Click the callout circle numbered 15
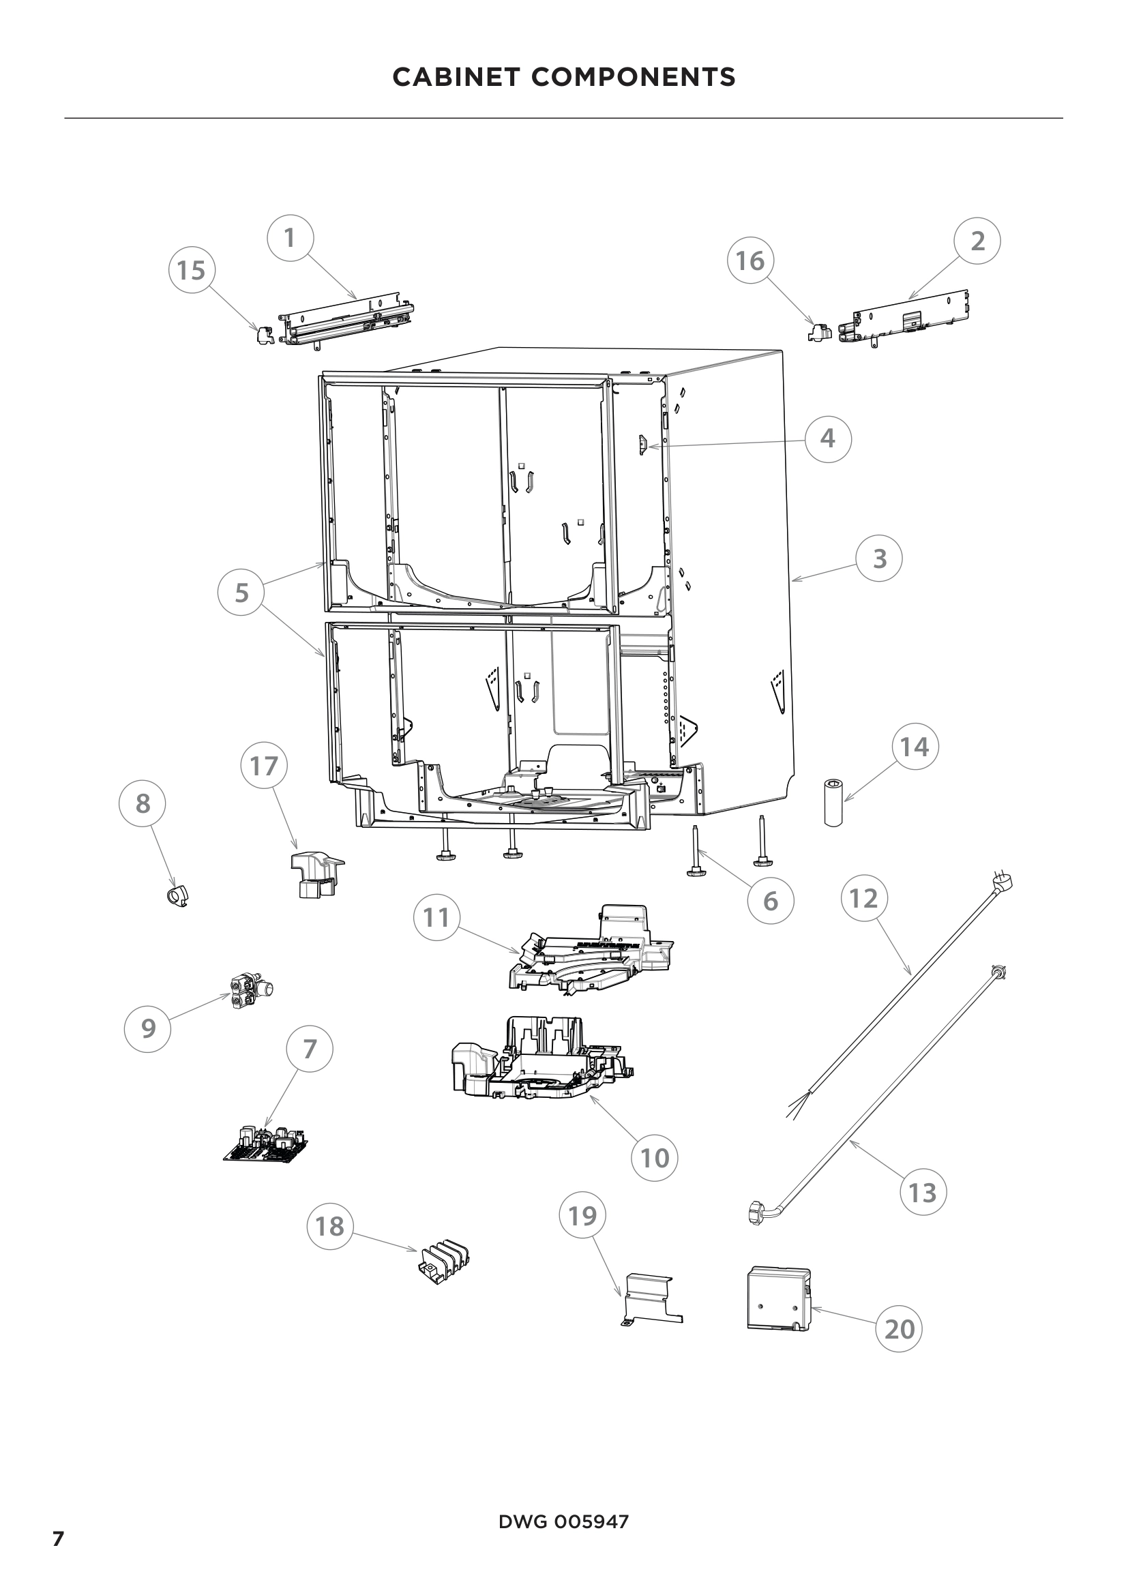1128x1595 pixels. pyautogui.click(x=192, y=269)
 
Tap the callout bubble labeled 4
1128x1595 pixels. pyautogui.click(x=828, y=438)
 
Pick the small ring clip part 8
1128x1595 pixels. pyautogui.click(x=179, y=897)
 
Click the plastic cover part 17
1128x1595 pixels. pyautogui.click(x=316, y=875)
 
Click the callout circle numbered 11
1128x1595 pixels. pyautogui.click(x=436, y=918)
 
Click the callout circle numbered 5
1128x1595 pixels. pyautogui.click(x=241, y=593)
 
